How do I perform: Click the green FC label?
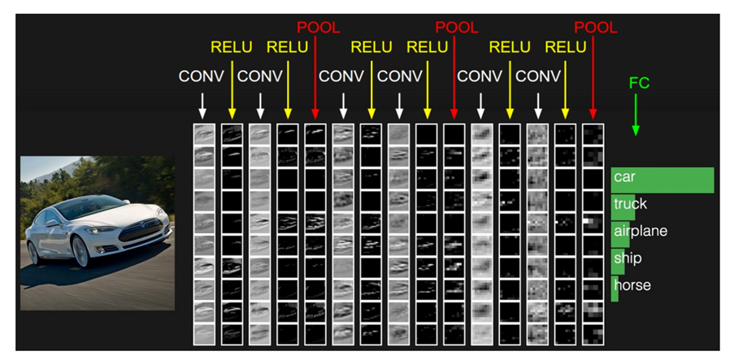pos(639,84)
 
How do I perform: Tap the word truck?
pos(630,204)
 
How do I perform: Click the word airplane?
pos(640,232)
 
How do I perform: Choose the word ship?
pos(627,258)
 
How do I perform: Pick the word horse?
pos(632,286)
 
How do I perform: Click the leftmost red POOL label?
pos(318,28)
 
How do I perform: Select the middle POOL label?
pos(457,28)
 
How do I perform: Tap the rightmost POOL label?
pos(596,28)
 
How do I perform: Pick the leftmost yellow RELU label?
pos(232,48)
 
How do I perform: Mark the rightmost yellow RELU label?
pos(566,48)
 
